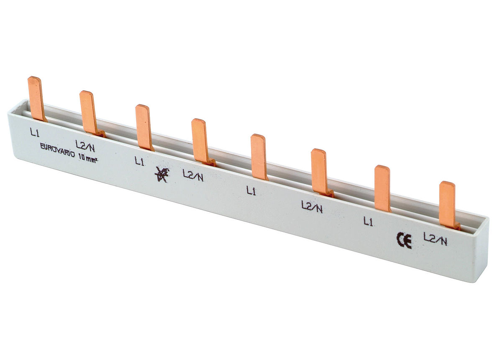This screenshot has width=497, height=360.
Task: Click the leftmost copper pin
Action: click(x=37, y=98)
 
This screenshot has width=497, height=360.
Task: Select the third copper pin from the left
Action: click(x=144, y=127)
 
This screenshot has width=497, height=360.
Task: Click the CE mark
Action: click(x=404, y=240)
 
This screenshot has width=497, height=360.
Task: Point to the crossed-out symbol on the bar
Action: click(x=161, y=174)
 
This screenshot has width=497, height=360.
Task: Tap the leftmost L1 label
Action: click(x=35, y=133)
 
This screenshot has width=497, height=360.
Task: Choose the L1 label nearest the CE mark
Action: click(x=368, y=222)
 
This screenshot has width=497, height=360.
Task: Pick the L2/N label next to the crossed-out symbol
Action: click(x=193, y=176)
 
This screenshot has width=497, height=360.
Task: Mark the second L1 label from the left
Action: click(x=139, y=160)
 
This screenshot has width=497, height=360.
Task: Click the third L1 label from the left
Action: click(x=251, y=191)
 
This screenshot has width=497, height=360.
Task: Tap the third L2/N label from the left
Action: click(x=312, y=207)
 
